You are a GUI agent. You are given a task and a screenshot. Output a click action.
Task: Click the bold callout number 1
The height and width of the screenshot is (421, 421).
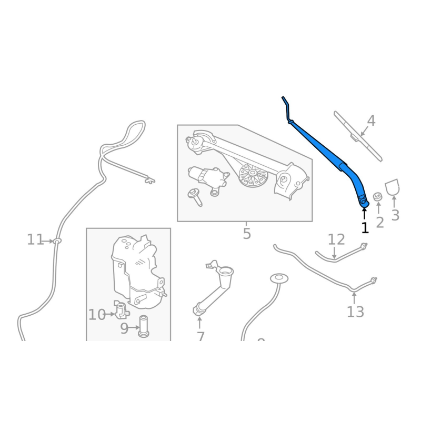pyautogui.click(x=365, y=227)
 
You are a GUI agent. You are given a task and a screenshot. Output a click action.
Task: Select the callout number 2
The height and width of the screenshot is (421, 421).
pyautogui.click(x=379, y=222)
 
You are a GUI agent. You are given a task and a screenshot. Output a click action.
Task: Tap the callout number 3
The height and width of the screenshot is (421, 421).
pyautogui.click(x=395, y=215)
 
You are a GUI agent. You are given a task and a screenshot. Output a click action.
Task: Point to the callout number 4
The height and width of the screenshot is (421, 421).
pyautogui.click(x=371, y=121)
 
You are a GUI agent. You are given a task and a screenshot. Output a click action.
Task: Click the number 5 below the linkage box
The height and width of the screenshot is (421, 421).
pyautogui.click(x=247, y=233)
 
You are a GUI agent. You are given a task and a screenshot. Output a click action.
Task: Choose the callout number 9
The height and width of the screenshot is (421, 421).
pyautogui.click(x=125, y=329)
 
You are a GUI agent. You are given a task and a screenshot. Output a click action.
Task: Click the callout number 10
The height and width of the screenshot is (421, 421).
pyautogui.click(x=96, y=315)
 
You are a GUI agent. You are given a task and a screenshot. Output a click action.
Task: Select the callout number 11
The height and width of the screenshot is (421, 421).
pyautogui.click(x=35, y=240)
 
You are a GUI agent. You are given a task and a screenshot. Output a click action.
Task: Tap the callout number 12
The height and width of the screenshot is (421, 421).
pyautogui.click(x=336, y=240)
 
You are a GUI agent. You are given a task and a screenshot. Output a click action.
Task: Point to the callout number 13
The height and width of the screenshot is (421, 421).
pyautogui.click(x=355, y=312)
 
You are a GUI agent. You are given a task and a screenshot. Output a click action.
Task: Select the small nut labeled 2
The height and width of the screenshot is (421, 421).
pyautogui.click(x=377, y=197)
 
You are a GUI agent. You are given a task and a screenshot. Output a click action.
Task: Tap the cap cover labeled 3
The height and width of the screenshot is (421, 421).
pyautogui.click(x=393, y=187)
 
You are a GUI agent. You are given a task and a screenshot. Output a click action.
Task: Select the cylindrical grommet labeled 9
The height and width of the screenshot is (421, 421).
pyautogui.click(x=143, y=327)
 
